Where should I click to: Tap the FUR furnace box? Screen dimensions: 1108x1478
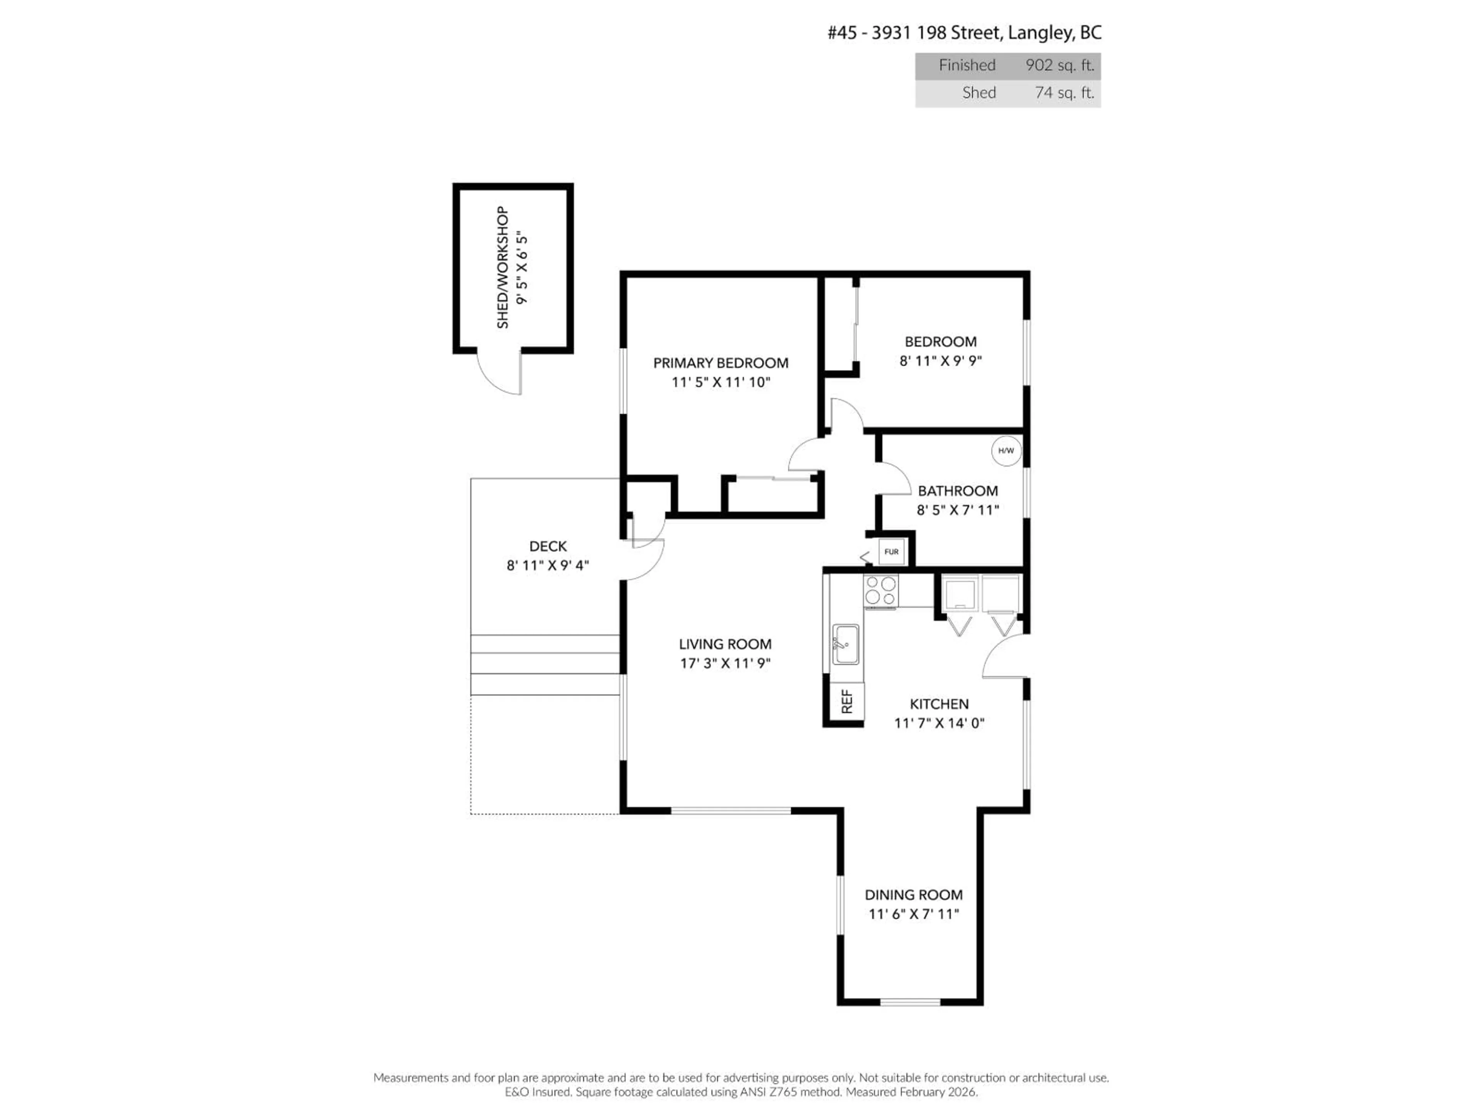(891, 552)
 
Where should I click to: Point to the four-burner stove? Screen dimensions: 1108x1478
(881, 591)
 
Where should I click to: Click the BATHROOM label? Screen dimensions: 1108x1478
(958, 491)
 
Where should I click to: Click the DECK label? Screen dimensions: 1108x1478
(548, 546)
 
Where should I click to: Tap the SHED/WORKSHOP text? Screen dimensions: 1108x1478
(502, 267)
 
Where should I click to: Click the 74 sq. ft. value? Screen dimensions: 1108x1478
(1064, 93)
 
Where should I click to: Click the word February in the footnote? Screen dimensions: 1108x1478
(923, 1092)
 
